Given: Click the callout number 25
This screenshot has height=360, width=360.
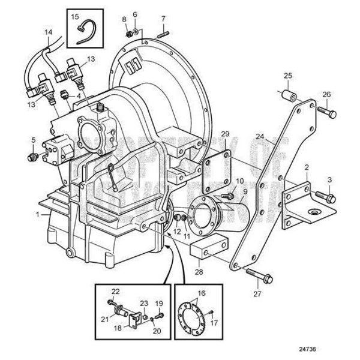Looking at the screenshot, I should click(288, 75).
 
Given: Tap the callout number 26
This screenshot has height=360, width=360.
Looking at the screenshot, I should click(326, 94).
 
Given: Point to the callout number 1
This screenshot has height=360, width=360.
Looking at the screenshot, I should click(39, 214).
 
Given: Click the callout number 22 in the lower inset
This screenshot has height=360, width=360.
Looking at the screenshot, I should click(115, 292).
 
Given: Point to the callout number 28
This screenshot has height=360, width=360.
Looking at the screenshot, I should click(199, 255).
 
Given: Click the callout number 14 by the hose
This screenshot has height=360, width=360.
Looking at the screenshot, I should click(49, 32).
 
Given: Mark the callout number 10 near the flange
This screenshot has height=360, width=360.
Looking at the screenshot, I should click(239, 181).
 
